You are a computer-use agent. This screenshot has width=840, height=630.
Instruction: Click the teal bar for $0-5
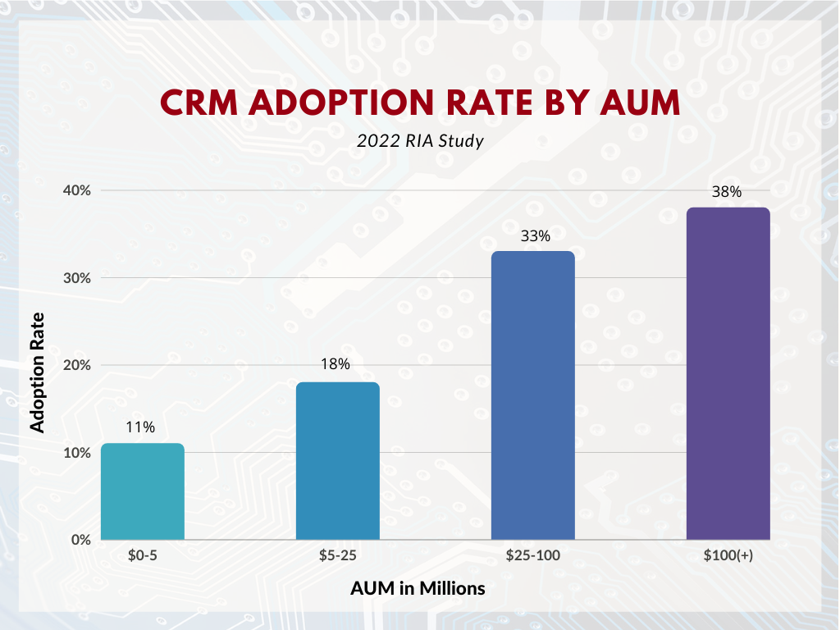pos(143,491)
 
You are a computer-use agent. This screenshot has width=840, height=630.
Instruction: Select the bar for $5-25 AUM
pos(338,461)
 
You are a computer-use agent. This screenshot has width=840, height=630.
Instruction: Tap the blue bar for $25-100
pos(533,395)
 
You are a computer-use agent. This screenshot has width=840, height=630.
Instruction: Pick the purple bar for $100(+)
pos(728,374)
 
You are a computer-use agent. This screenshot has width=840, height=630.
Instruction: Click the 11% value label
pos(140,427)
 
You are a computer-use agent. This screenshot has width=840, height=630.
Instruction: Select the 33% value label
pos(535,235)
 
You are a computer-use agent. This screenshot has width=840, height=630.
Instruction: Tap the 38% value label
pos(727,192)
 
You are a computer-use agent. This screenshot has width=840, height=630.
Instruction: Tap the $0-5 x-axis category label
pos(143,555)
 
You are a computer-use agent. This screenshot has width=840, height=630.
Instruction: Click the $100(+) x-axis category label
pos(728,555)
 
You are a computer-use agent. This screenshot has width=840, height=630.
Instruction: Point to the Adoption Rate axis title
pos(37,372)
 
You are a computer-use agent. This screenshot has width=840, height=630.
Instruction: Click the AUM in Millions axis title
pos(418,588)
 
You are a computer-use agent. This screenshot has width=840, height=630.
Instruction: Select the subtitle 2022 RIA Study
pos(420,141)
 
